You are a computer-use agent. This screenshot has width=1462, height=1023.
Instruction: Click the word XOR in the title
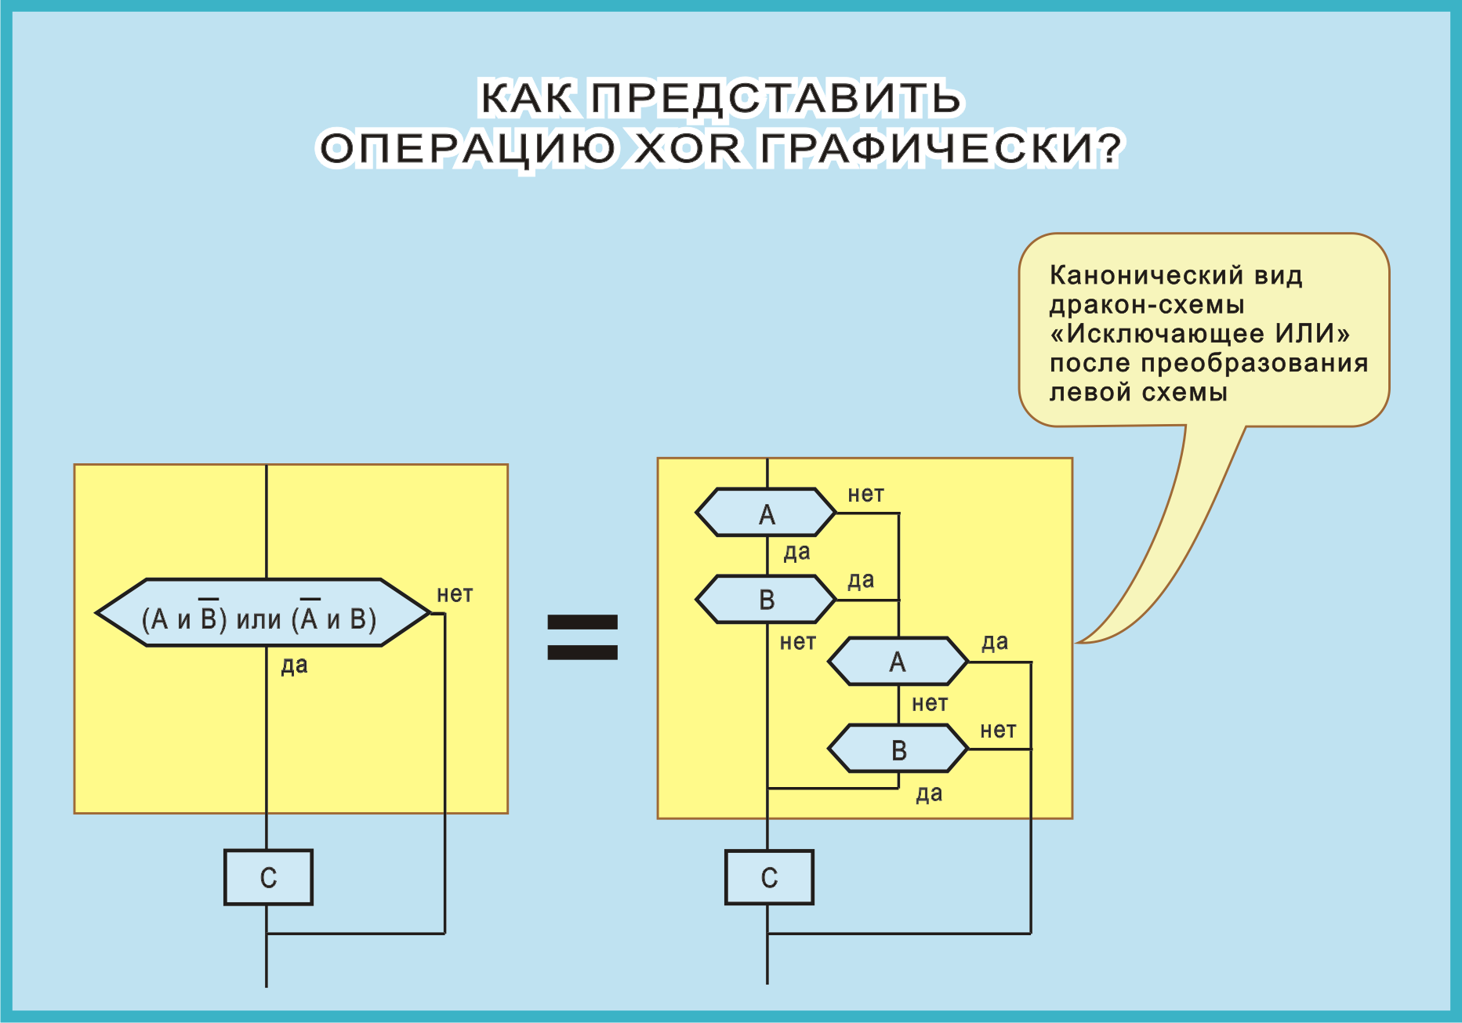tap(687, 148)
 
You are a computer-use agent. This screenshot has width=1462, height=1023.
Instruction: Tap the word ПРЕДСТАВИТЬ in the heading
tap(775, 99)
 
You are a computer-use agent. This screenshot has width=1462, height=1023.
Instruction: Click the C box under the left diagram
tap(268, 877)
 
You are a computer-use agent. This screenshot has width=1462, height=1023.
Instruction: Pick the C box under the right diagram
tap(769, 877)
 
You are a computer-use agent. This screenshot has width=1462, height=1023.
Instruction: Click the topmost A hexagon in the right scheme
tap(766, 513)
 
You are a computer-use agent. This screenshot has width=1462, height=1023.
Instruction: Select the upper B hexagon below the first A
tap(766, 600)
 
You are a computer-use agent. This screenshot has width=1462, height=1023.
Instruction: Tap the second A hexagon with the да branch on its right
tap(898, 662)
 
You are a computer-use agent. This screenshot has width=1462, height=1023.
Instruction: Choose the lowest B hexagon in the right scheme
tap(898, 749)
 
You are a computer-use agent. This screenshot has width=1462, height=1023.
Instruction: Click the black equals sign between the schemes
tap(582, 637)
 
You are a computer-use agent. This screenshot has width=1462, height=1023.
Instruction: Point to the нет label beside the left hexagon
tap(455, 594)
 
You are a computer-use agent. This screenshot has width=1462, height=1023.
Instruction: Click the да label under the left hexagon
tap(294, 666)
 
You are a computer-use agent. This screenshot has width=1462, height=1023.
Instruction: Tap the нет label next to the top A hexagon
tap(865, 495)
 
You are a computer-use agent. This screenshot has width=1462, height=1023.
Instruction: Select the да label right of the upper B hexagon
tap(861, 581)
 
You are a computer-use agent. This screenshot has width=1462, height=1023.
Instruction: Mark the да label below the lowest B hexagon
tap(929, 794)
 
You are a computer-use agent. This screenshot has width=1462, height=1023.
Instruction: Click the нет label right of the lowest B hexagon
tap(998, 731)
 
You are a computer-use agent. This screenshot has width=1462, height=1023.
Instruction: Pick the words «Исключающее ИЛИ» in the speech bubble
tap(1199, 334)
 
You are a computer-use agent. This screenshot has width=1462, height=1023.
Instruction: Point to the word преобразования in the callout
tap(1254, 364)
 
